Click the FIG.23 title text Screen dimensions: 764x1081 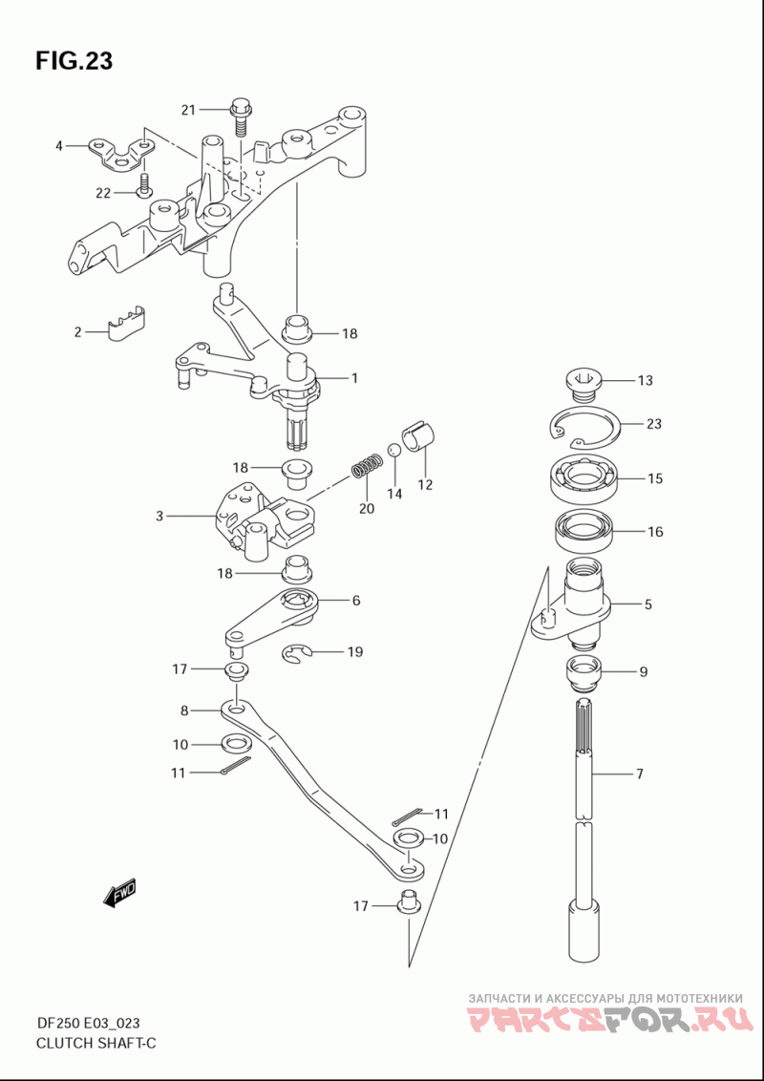[74, 61]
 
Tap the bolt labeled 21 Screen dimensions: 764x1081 [240, 119]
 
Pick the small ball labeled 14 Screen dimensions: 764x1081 [393, 450]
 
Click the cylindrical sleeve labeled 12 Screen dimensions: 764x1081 [420, 437]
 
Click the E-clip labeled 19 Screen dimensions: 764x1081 [298, 654]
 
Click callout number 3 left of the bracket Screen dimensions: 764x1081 [160, 516]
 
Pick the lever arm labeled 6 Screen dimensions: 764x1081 [272, 617]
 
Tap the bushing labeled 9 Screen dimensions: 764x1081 [584, 673]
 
